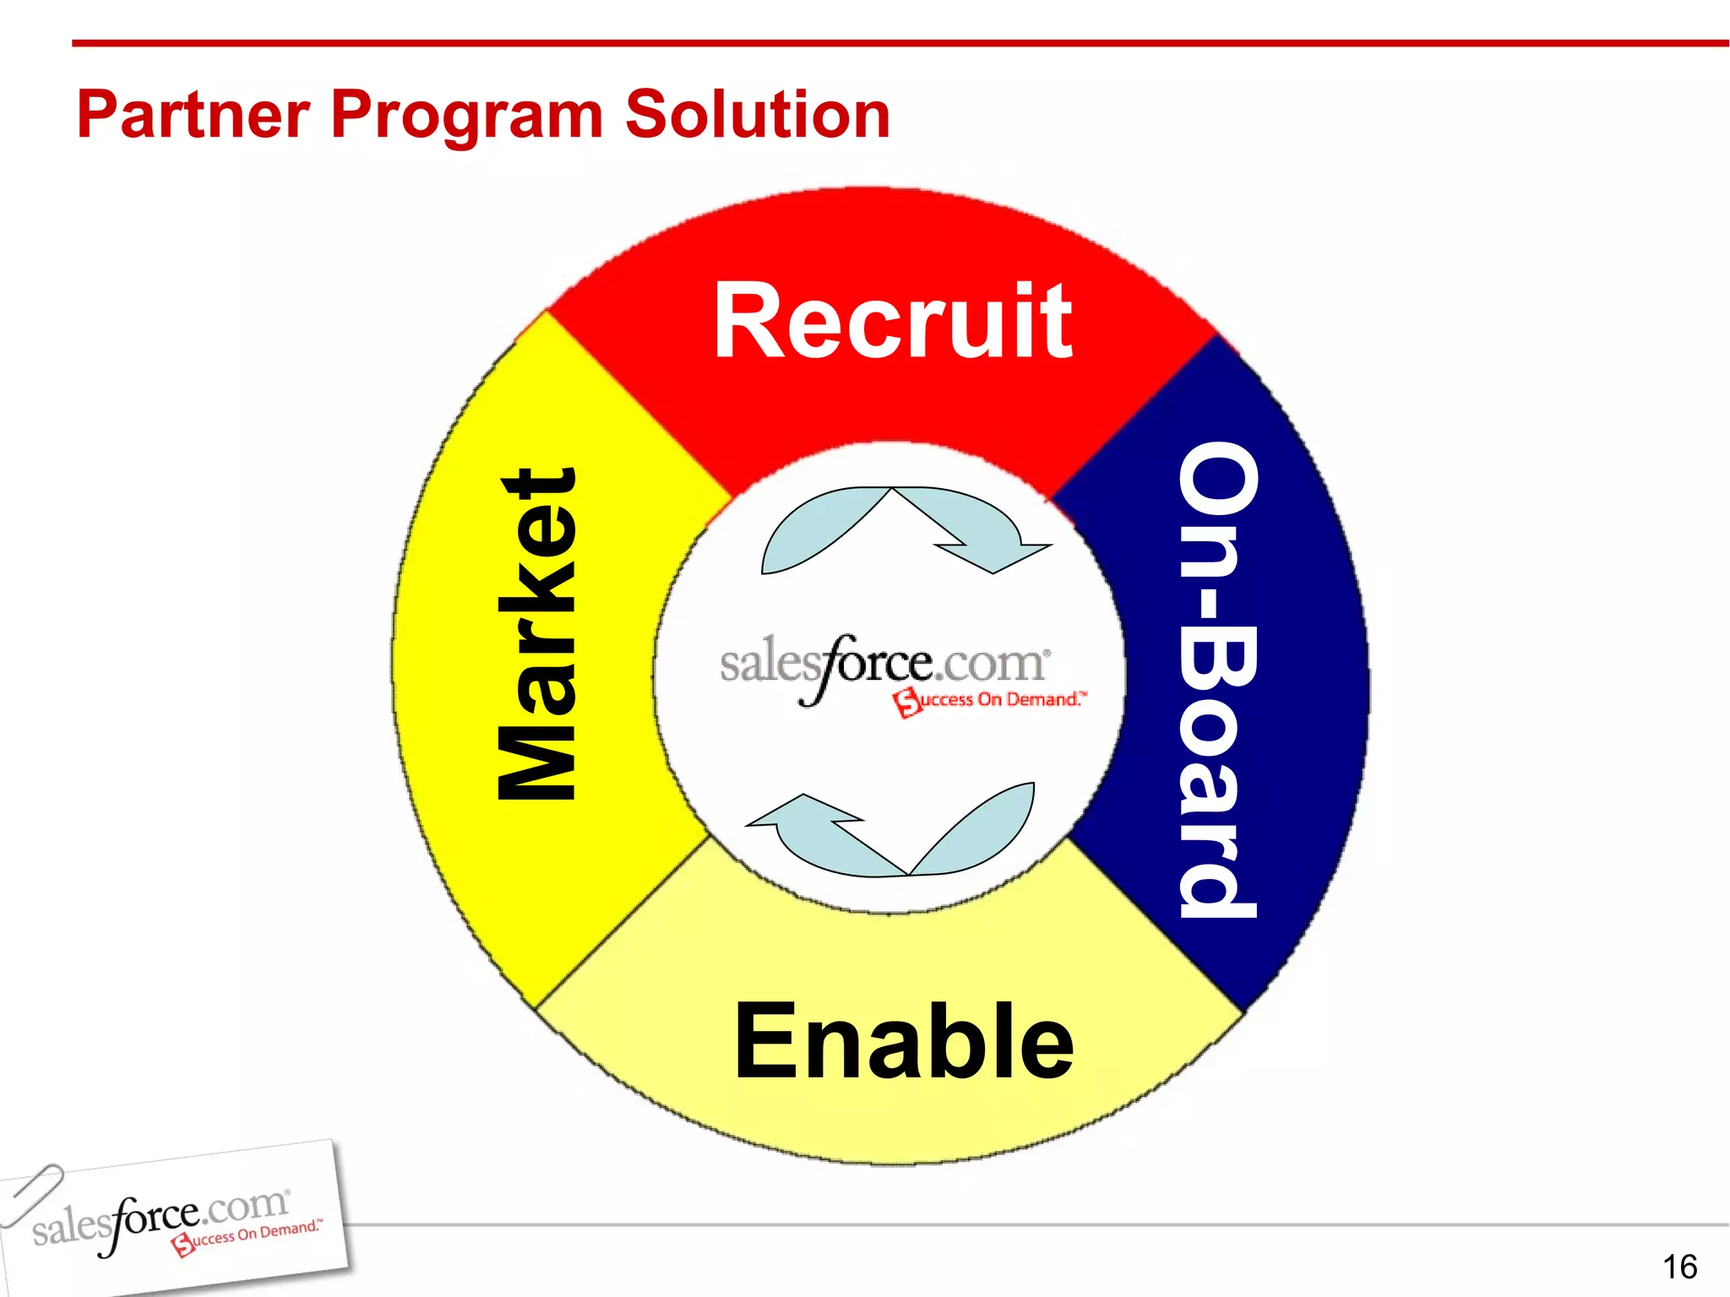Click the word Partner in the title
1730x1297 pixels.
click(193, 116)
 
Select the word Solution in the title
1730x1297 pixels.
click(757, 115)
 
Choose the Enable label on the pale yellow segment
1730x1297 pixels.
click(904, 1041)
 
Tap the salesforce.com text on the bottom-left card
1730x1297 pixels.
click(160, 1219)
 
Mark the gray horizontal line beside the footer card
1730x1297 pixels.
click(1014, 1224)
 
